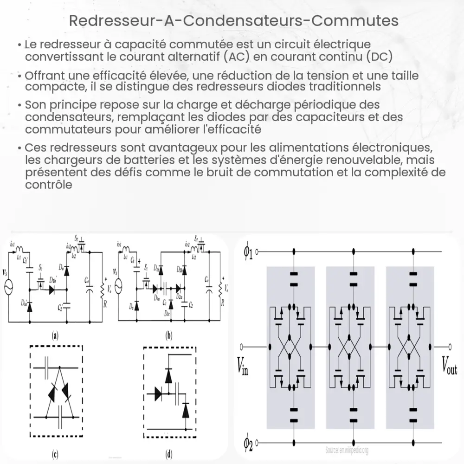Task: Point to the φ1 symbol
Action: coord(248,251)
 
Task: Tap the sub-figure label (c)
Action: coord(55,454)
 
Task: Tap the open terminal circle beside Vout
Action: coord(450,347)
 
